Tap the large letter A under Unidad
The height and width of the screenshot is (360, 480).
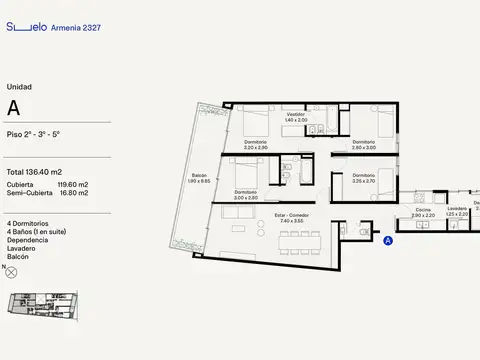[x=13, y=106]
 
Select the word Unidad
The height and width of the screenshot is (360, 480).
[x=18, y=87]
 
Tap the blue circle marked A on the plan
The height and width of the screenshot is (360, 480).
[x=387, y=240]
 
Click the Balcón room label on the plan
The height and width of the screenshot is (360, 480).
[x=199, y=175]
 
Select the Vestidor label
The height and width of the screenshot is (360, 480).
[x=295, y=114]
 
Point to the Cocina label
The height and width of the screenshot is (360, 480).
[x=423, y=210]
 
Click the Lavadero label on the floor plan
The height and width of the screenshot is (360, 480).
[x=456, y=210]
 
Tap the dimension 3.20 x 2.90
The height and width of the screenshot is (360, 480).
[x=254, y=147]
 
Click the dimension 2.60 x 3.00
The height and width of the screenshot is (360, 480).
[x=363, y=147]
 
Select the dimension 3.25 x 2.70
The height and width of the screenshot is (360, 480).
[x=363, y=182]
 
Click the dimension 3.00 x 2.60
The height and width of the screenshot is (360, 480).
[x=246, y=198]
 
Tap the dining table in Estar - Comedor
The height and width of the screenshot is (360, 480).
[x=298, y=237]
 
